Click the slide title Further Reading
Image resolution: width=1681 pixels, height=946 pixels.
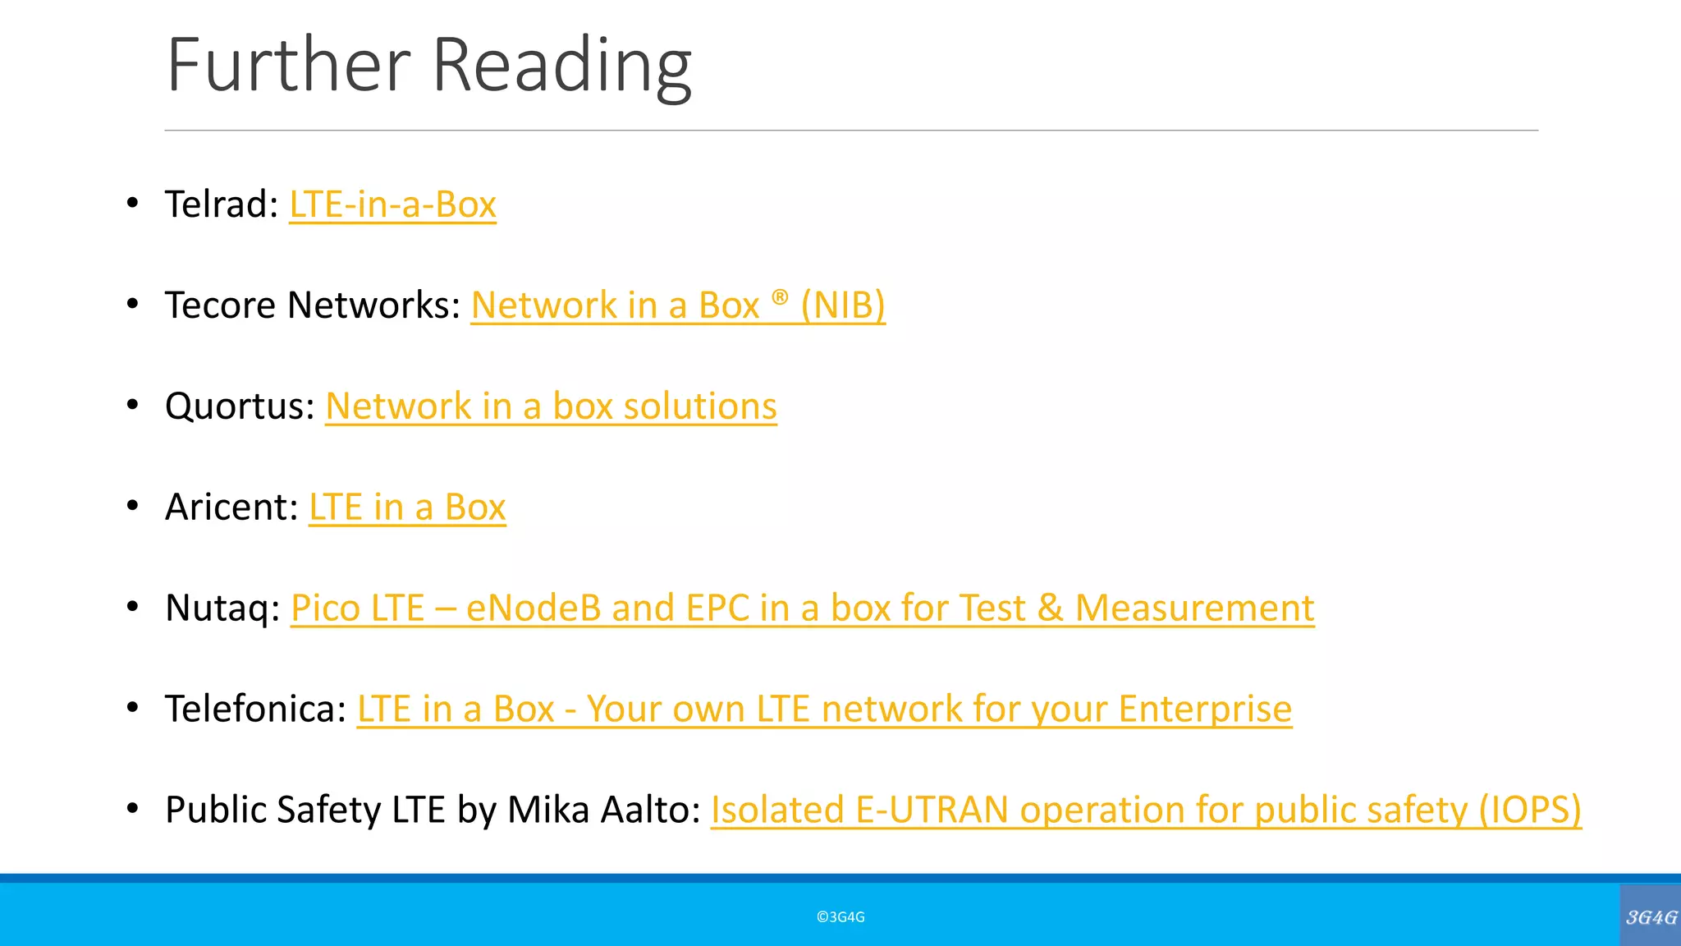[x=428, y=66]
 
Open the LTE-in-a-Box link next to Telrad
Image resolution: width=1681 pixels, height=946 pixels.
[x=392, y=204]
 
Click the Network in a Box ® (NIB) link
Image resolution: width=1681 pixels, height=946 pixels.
[x=678, y=305]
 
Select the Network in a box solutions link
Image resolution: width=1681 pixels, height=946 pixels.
[x=551, y=406]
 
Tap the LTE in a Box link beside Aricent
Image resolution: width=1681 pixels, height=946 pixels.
[x=407, y=507]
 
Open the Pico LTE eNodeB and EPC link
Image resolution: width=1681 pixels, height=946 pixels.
[x=802, y=608]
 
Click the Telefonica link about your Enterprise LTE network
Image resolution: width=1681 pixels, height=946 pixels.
[x=824, y=709]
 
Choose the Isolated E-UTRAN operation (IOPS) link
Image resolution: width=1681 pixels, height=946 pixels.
[x=1146, y=811]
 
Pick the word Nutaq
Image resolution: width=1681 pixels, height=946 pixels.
[x=217, y=608]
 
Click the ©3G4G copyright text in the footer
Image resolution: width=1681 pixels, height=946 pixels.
[x=840, y=917]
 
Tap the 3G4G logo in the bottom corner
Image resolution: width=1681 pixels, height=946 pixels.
[x=1651, y=916]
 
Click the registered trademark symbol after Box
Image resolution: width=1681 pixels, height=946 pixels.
[x=780, y=296]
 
